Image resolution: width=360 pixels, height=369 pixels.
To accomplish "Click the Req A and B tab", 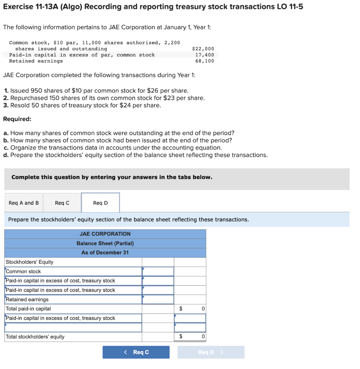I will point(24,203).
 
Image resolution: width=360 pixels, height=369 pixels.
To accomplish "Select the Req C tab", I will point(62,203).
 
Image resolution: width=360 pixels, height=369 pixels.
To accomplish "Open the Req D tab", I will point(100,203).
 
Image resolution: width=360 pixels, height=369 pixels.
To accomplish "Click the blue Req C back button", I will point(136,352).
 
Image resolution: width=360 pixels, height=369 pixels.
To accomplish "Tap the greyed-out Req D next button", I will point(211,352).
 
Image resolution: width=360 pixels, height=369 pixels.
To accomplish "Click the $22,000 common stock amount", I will point(203,49).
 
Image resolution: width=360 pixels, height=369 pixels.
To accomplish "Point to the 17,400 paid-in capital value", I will point(204,55).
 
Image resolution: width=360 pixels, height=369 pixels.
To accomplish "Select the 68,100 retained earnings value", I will point(204,61).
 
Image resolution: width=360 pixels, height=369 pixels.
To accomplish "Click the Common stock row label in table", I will point(23,271).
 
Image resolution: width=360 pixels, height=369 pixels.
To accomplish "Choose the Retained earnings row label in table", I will point(27,299).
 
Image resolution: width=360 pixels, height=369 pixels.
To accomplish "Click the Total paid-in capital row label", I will point(28,309).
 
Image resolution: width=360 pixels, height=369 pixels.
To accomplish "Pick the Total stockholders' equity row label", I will point(35,337).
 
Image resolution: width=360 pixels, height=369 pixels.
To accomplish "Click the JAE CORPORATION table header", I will point(105,234).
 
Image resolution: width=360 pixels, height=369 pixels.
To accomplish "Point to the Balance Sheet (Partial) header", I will point(105,243).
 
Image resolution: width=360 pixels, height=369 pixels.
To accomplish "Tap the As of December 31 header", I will point(105,253).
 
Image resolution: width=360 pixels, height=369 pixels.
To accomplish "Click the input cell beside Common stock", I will point(158,271).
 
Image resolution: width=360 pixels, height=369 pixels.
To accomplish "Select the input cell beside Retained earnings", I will point(158,299).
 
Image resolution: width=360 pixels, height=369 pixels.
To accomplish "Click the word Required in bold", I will point(17,119).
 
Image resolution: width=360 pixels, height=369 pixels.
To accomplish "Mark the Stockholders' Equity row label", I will point(30,262).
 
